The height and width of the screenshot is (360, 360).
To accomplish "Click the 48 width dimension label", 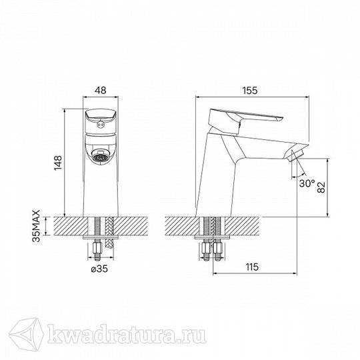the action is pyautogui.click(x=101, y=90).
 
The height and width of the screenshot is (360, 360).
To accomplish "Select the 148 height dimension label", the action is pyautogui.click(x=58, y=163).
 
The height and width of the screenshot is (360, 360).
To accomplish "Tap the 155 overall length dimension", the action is pyautogui.click(x=250, y=91).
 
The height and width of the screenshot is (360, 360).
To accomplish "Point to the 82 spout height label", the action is pyautogui.click(x=321, y=187).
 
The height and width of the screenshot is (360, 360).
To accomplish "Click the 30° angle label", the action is pyautogui.click(x=307, y=183).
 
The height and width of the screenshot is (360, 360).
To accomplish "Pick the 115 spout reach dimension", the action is pyautogui.click(x=252, y=267).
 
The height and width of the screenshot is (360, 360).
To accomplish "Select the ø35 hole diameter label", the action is pyautogui.click(x=99, y=269).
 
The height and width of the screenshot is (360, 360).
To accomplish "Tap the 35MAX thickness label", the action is pyautogui.click(x=36, y=226).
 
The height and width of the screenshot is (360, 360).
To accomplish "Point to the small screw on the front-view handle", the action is pyautogui.click(x=100, y=125).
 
